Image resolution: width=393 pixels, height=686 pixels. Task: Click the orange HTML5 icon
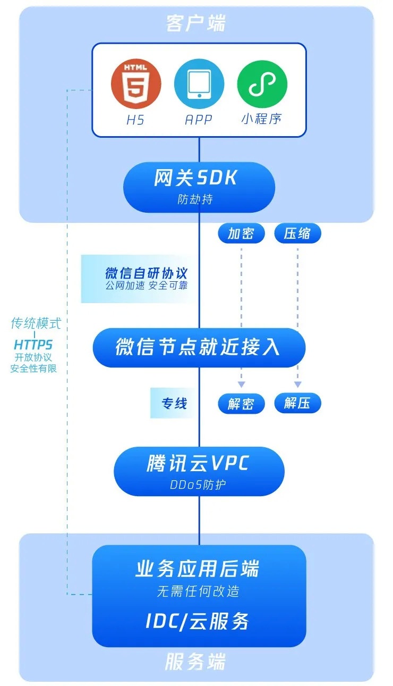135,84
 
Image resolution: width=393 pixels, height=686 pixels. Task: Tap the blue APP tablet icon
199,84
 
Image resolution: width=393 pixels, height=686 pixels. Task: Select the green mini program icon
262,84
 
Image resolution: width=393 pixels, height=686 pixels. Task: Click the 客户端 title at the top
196,24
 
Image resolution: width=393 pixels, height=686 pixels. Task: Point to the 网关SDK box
199,187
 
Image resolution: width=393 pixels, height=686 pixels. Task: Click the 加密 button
241,233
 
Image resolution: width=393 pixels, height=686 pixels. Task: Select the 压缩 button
297,233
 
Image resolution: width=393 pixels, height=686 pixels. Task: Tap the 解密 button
241,404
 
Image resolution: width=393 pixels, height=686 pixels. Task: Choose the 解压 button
297,404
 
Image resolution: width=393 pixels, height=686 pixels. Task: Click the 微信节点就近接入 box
199,347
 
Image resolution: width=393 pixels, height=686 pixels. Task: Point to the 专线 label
174,404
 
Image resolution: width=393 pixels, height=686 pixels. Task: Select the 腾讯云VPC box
199,471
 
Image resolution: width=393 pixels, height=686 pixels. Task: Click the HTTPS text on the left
33,345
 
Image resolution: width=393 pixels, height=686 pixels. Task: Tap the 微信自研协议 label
147,274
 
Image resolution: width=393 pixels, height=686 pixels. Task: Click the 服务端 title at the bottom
195,662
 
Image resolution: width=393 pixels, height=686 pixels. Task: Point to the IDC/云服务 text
198,621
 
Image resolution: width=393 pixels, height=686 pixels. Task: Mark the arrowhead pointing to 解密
241,384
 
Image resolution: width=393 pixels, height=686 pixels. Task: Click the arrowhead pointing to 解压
297,384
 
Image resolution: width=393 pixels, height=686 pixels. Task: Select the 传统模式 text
36,323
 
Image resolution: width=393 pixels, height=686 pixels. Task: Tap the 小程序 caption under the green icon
261,119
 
